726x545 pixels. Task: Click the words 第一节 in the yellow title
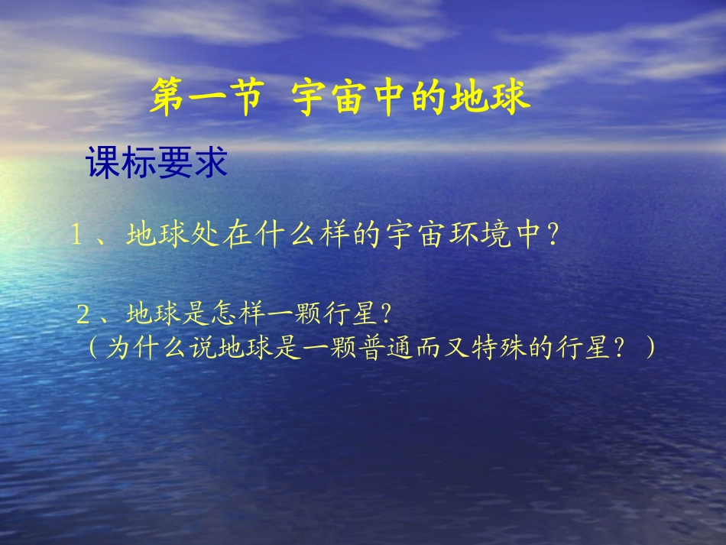coord(206,99)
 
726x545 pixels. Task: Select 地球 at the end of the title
coord(499,99)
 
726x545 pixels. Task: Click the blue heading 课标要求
coord(157,163)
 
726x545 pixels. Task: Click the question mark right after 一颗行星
coord(384,313)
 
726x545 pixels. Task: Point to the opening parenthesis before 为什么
coord(92,348)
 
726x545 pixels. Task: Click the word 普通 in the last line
coord(411,348)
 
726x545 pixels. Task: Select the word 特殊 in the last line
coord(517,348)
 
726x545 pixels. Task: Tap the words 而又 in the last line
coord(465,348)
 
